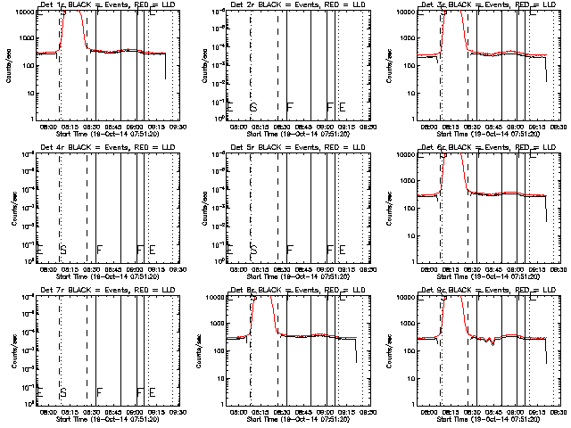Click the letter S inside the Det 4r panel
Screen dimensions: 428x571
[63, 249]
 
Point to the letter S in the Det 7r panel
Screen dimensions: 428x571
[63, 391]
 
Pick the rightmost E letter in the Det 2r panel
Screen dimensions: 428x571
[342, 107]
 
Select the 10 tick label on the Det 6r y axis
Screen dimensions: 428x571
[406, 235]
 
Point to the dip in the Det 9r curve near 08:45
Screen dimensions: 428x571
[493, 341]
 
